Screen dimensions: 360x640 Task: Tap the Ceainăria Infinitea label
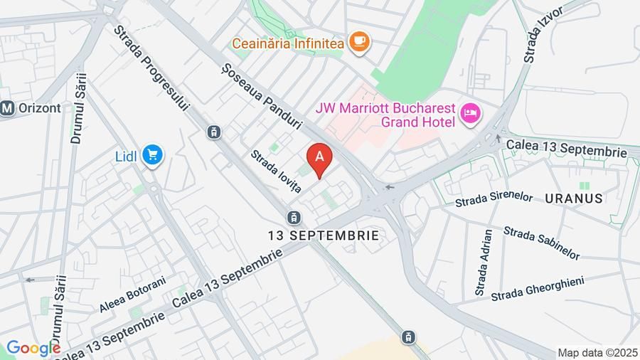pyautogui.click(x=287, y=43)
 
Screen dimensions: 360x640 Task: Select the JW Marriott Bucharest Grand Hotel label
pyautogui.click(x=385, y=115)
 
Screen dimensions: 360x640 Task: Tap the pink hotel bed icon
pyautogui.click(x=470, y=113)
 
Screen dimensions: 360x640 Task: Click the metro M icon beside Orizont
pyautogui.click(x=8, y=109)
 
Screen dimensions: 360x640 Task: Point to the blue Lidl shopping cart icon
pyautogui.click(x=152, y=155)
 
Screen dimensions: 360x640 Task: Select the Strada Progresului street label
pyautogui.click(x=152, y=69)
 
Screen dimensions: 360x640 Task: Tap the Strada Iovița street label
pyautogui.click(x=276, y=171)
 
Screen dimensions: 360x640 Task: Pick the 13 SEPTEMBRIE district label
pyautogui.click(x=323, y=234)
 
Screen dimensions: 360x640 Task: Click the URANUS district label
pyautogui.click(x=575, y=198)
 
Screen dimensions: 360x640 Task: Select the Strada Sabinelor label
pyautogui.click(x=541, y=242)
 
